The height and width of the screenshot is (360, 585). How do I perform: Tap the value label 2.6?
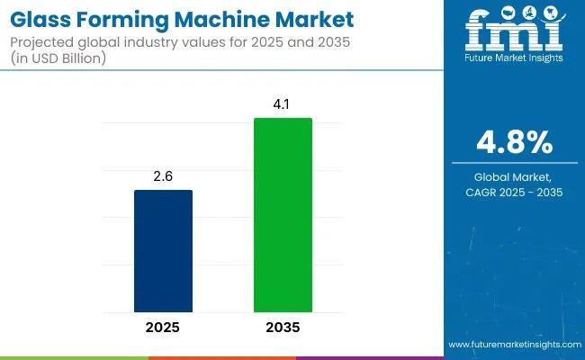(163, 177)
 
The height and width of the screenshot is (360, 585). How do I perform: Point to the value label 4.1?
(283, 105)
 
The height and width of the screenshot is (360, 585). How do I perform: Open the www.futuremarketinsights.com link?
(513, 345)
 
